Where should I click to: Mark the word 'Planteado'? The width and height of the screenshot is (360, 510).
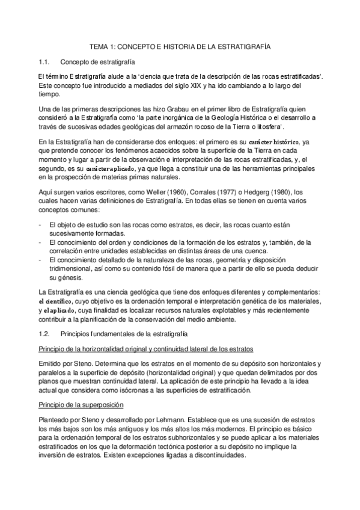click(x=54, y=418)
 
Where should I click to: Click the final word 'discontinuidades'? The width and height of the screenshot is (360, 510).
click(x=216, y=456)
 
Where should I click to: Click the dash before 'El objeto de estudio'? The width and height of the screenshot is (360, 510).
click(x=39, y=224)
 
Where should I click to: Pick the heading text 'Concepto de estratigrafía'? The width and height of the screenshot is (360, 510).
click(x=98, y=62)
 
